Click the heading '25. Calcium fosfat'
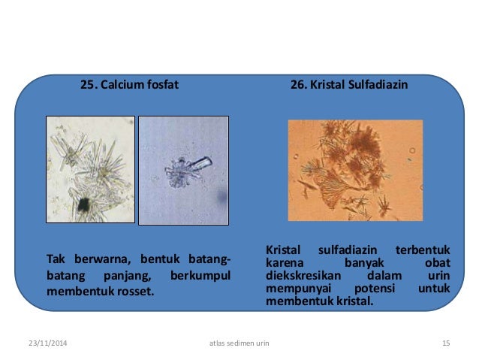pos(130,85)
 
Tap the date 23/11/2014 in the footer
pos(42,343)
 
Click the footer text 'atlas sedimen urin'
pos(239,343)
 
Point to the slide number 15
pos(446,343)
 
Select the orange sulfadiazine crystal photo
pos(355,170)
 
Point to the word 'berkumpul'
pos(200,274)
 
